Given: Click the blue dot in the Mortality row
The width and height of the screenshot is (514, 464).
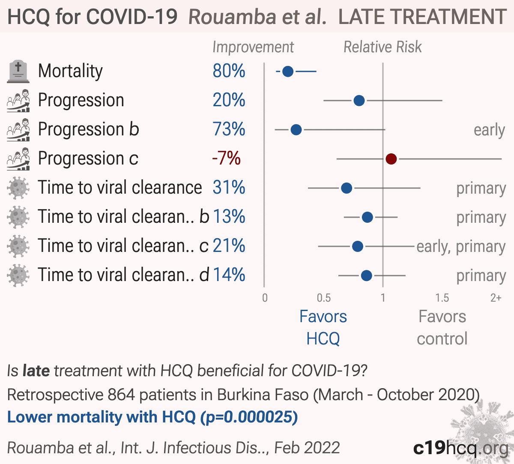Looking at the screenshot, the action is (288, 71).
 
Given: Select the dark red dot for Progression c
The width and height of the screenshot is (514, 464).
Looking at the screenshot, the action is (391, 159).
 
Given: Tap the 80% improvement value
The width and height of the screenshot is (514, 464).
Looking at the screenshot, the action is (229, 71).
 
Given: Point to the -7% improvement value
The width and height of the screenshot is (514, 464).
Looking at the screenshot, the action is (227, 158).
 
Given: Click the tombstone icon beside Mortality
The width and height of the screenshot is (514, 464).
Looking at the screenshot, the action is (18, 72).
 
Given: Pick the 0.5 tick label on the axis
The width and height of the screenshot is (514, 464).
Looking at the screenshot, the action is (324, 298).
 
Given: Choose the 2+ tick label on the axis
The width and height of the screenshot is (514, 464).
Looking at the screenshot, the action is (496, 298).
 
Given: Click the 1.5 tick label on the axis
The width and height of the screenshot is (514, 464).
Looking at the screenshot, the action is (442, 298).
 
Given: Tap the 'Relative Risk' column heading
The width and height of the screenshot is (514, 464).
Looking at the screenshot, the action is (383, 47).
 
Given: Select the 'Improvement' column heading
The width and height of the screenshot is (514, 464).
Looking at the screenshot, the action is (254, 48).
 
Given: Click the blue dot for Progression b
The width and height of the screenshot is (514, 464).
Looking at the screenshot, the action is (296, 130).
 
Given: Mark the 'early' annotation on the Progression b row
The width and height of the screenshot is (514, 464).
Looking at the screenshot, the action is (490, 130).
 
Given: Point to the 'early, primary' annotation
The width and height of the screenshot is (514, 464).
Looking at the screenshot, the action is (461, 247).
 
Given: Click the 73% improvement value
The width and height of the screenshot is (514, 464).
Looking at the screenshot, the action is (229, 129).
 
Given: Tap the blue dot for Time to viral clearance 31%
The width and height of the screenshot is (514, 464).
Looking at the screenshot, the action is (347, 188).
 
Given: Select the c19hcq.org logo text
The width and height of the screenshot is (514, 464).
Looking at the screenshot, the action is (461, 448).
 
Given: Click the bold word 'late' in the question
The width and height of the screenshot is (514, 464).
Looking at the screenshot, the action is (36, 371).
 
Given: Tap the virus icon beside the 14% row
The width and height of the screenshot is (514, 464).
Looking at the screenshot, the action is (18, 275).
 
